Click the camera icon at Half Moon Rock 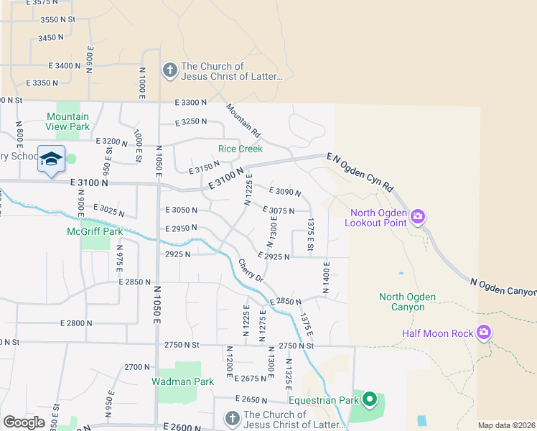pos(484,332)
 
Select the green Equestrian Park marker pos(370,399)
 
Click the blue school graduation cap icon pos(51,159)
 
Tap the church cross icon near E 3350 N pos(169,70)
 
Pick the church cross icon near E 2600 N pos(231,419)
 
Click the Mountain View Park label pos(68,121)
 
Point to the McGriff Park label pos(95,231)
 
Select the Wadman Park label pos(182,381)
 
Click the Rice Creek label pos(241,149)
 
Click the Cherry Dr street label pos(251,270)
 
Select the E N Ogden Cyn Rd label pos(360,173)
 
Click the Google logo pos(24,422)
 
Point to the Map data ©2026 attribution pos(506,425)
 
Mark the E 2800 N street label pos(77,323)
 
